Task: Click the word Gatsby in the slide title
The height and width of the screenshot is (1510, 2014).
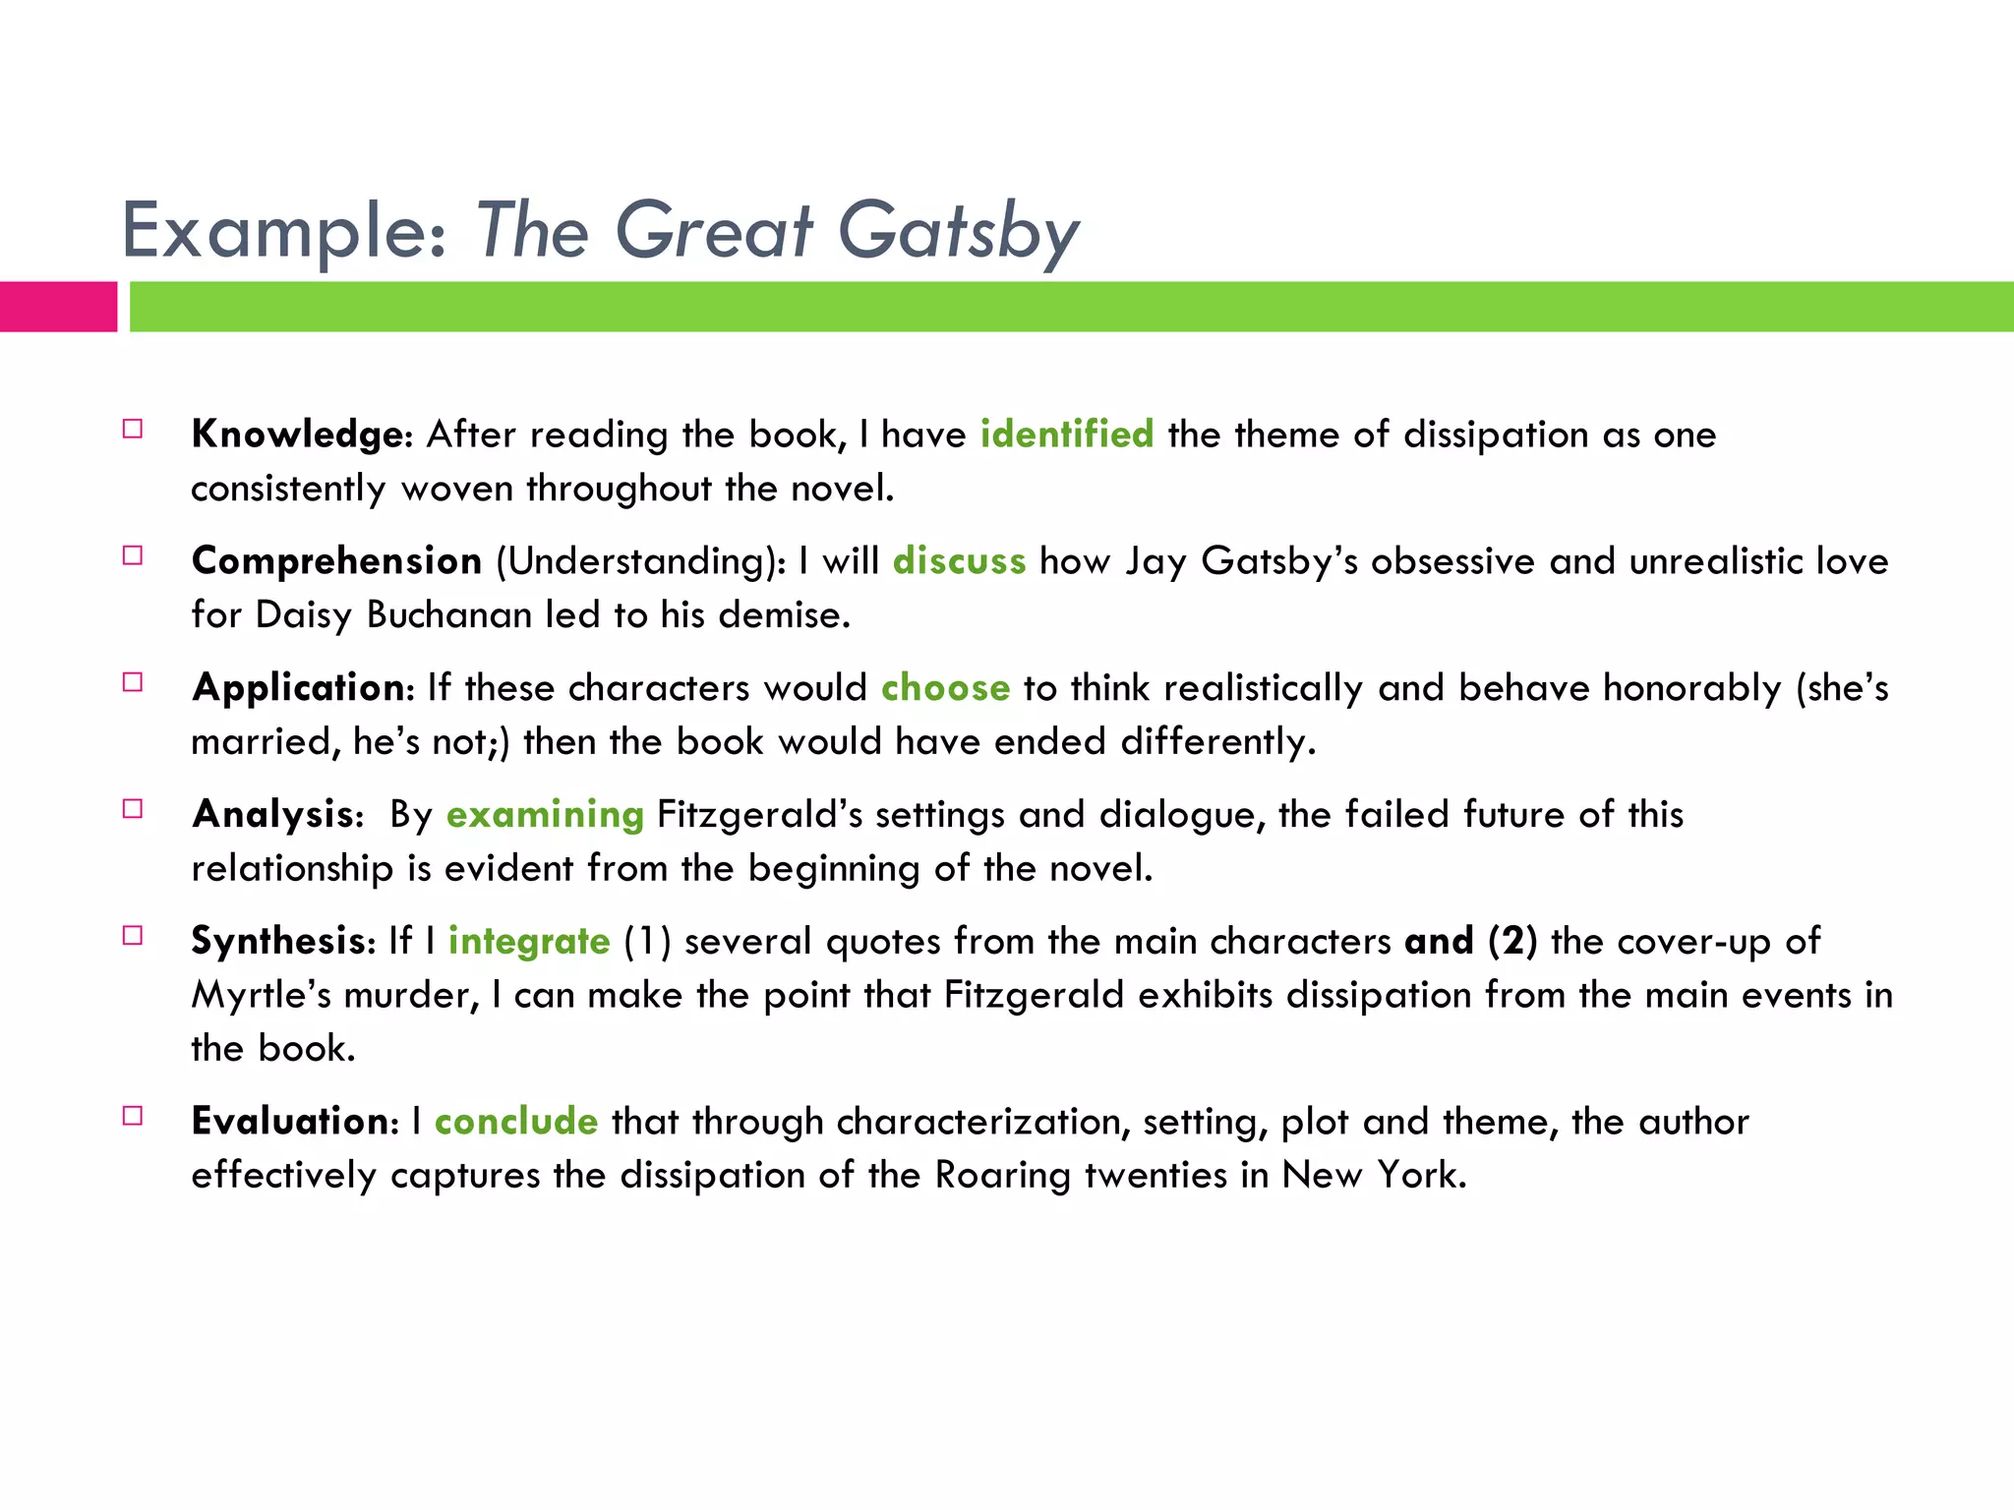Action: [958, 232]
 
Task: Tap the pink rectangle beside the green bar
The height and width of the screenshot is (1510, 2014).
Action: [58, 307]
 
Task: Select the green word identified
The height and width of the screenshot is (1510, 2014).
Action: [1067, 435]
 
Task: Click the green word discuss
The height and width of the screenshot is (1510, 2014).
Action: [959, 561]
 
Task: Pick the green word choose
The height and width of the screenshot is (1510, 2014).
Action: [945, 688]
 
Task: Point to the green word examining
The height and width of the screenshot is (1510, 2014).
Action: [545, 815]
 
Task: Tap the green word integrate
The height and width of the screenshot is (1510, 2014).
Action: [529, 942]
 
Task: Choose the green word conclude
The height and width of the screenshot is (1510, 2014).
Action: [516, 1122]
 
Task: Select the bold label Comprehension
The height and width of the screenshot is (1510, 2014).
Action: [337, 561]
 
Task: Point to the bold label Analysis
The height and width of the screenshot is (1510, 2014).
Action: [272, 815]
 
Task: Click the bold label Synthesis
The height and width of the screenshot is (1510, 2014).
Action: [278, 942]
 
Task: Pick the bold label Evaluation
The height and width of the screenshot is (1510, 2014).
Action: [290, 1122]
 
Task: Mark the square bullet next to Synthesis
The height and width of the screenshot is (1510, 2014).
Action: [133, 935]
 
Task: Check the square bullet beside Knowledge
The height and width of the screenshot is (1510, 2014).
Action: [133, 429]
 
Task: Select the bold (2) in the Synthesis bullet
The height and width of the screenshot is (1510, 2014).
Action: [1512, 942]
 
